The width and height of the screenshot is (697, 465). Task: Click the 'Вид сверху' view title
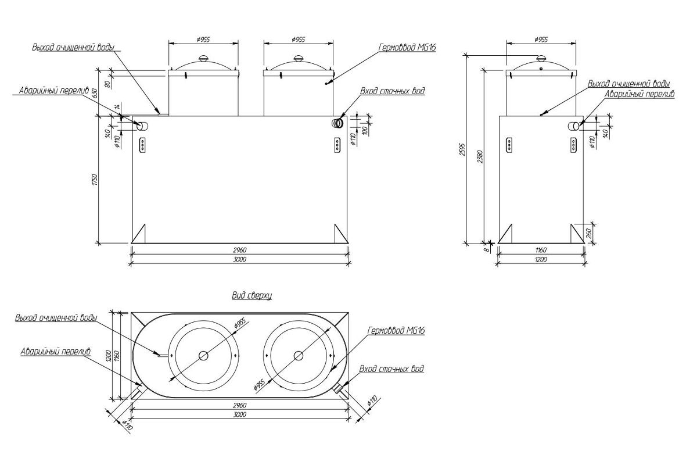(x=252, y=295)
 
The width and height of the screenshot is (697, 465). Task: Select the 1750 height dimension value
(x=95, y=180)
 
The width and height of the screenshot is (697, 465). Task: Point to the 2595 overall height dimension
(x=462, y=149)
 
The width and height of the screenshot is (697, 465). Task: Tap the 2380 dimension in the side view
(x=480, y=157)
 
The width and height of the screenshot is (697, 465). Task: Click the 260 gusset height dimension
(x=589, y=234)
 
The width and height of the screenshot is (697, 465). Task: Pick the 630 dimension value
(x=95, y=93)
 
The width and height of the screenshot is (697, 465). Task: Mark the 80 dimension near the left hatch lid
(x=108, y=84)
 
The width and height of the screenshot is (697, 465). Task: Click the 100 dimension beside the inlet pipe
(x=365, y=130)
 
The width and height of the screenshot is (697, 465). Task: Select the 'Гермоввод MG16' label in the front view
(x=407, y=47)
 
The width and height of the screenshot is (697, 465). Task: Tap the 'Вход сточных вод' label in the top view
(x=391, y=369)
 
